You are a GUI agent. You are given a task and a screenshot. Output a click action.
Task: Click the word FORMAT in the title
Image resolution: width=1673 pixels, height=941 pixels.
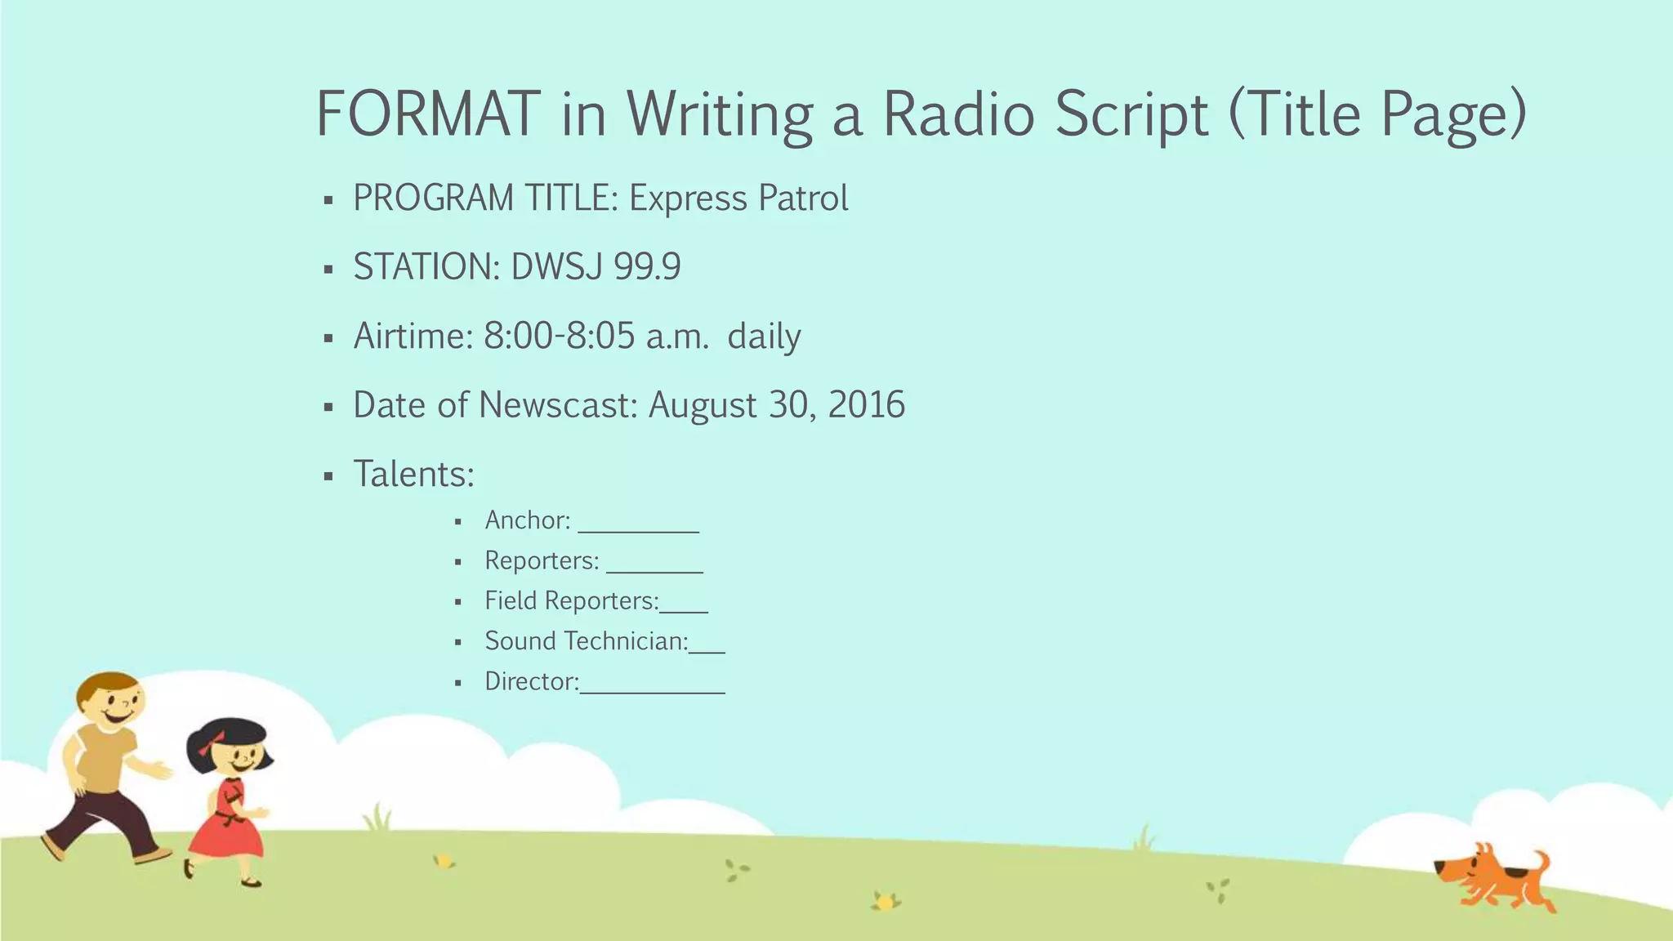pyautogui.click(x=427, y=113)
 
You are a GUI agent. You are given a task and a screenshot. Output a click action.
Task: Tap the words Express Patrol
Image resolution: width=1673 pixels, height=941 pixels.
pyautogui.click(x=738, y=198)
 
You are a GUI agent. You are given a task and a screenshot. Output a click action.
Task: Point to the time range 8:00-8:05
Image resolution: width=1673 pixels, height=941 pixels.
pyautogui.click(x=559, y=336)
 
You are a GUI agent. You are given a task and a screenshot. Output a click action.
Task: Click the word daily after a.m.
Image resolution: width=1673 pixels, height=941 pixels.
pyautogui.click(x=764, y=336)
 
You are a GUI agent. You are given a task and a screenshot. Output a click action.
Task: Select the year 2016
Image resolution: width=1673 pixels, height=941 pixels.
pyautogui.click(x=866, y=405)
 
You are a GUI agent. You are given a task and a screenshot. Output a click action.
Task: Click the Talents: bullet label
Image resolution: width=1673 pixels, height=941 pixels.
pyautogui.click(x=413, y=474)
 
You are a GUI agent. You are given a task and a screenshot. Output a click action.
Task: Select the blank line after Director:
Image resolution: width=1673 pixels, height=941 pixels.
pyautogui.click(x=652, y=688)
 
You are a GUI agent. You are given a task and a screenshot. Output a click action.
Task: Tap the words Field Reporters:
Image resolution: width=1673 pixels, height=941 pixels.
pyautogui.click(x=571, y=601)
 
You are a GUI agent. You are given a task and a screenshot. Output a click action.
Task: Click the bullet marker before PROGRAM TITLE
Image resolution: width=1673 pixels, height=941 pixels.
pyautogui.click(x=328, y=200)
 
